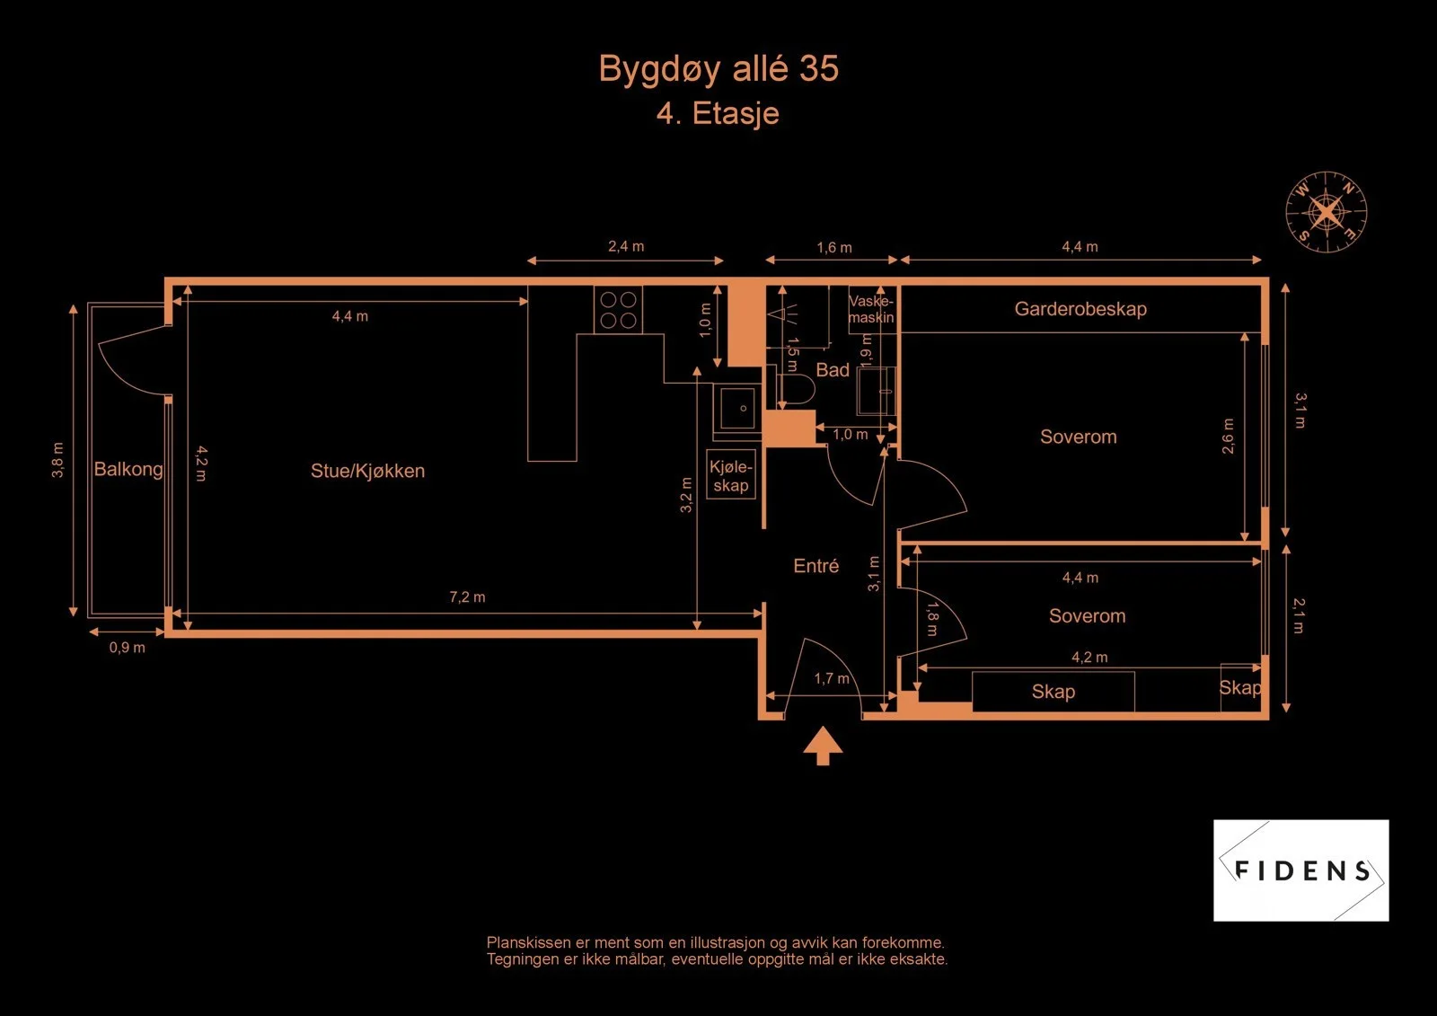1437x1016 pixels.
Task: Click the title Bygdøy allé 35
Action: tap(718, 69)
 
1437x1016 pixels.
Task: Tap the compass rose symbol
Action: tap(1326, 212)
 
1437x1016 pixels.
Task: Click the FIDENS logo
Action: tap(1301, 870)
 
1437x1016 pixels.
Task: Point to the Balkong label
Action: tap(128, 469)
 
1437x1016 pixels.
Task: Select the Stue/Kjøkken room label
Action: tap(367, 471)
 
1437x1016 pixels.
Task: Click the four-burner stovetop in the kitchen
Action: tap(618, 310)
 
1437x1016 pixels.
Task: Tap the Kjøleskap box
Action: tap(731, 475)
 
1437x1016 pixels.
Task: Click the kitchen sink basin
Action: tap(736, 408)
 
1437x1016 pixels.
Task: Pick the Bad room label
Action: tap(832, 370)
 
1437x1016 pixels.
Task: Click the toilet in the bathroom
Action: tap(798, 388)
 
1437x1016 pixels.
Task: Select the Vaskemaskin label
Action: tap(871, 309)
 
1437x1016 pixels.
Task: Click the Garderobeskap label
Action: tap(1080, 309)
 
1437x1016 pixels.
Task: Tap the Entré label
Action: tap(816, 565)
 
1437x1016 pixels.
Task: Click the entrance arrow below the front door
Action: tap(823, 746)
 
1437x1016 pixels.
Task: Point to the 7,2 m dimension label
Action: tap(467, 596)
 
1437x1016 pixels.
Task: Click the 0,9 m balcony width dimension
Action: tap(127, 647)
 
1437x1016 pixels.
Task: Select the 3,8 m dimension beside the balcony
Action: tap(57, 460)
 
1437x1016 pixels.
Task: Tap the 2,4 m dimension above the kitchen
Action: tap(626, 246)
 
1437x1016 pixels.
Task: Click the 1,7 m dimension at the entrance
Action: tap(832, 678)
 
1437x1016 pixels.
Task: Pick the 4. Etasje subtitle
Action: tap(718, 114)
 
